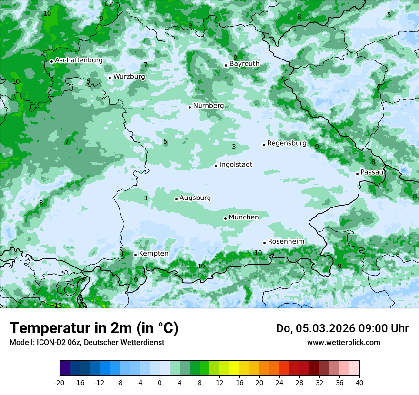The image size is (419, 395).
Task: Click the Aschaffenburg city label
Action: (x=79, y=60)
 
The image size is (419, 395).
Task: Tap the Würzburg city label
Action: (x=129, y=77)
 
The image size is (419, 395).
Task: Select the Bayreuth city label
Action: (x=244, y=64)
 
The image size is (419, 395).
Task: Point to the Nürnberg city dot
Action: (x=190, y=107)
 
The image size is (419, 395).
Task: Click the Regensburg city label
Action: (x=287, y=143)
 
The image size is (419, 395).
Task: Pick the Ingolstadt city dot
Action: (x=216, y=166)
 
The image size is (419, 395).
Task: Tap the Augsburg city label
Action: (x=195, y=198)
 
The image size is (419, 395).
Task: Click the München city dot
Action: (x=225, y=218)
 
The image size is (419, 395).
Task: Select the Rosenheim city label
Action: (x=286, y=242)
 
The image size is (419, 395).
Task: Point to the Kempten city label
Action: (x=153, y=254)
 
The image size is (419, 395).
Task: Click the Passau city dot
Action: (x=357, y=174)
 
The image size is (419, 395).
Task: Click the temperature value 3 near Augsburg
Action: (x=145, y=198)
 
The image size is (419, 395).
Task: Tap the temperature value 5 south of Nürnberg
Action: (x=165, y=142)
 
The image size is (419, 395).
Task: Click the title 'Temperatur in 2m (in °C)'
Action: (x=94, y=328)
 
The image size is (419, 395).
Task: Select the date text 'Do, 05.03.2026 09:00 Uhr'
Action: (x=342, y=328)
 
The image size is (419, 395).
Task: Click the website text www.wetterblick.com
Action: (x=344, y=343)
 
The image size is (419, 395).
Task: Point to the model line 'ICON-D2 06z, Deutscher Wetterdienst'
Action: (x=87, y=343)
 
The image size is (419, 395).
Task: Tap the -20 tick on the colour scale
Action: (x=60, y=383)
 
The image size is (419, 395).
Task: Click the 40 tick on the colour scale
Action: (x=359, y=383)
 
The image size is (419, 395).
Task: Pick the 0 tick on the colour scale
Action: (x=160, y=383)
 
